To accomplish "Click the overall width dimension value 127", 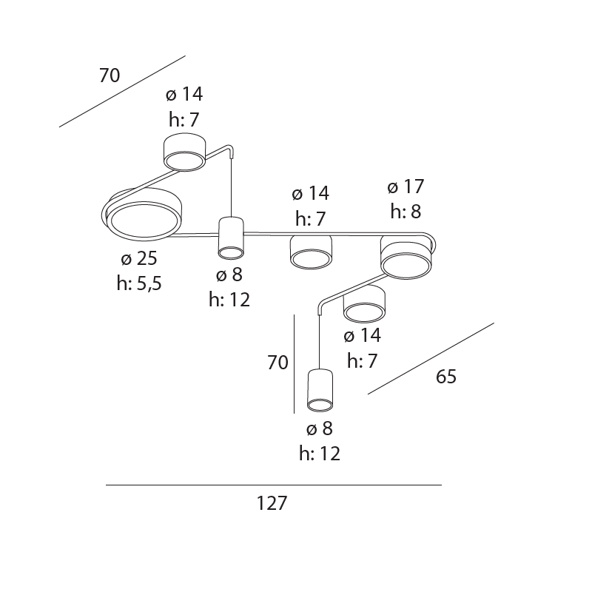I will [x=272, y=504].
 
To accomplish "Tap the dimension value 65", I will [x=446, y=377].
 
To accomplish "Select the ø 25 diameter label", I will [x=139, y=259].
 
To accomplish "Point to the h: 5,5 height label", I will [x=139, y=283].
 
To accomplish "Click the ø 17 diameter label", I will [x=406, y=187].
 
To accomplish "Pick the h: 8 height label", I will [x=406, y=212].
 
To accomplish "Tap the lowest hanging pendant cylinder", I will [x=320, y=390].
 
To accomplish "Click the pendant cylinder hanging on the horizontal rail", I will [x=231, y=238].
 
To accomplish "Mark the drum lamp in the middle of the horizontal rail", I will [x=310, y=252].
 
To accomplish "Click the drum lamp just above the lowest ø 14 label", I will [x=364, y=304].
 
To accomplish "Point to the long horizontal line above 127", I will [x=273, y=485].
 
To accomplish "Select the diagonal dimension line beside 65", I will [x=431, y=358].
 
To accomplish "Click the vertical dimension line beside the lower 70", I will [x=295, y=363].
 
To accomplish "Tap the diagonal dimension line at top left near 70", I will [x=122, y=91].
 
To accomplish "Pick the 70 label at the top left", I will [x=110, y=75].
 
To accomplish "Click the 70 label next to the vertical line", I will [x=277, y=363].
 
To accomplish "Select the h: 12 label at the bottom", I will [x=320, y=454].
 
